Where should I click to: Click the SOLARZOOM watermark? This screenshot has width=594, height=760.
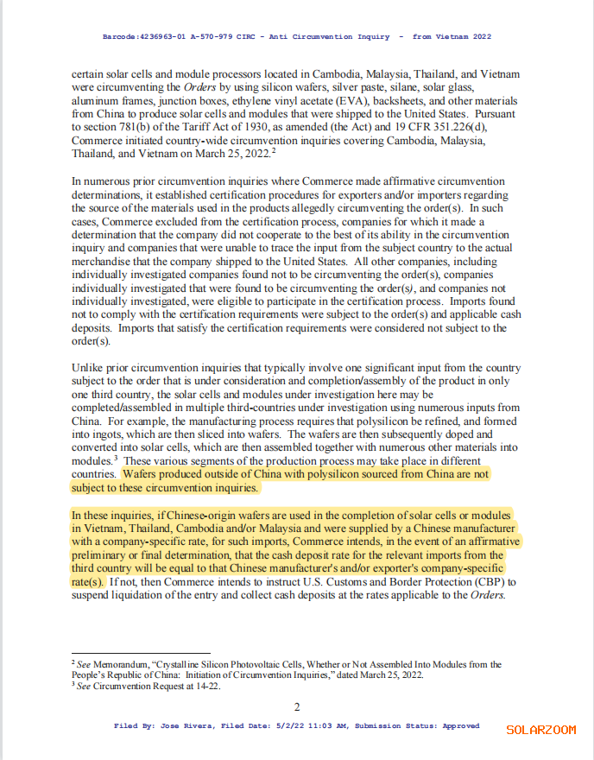coord(540,730)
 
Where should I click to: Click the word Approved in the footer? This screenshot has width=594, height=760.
coord(461,726)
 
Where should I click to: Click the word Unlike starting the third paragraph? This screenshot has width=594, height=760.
coord(87,368)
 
